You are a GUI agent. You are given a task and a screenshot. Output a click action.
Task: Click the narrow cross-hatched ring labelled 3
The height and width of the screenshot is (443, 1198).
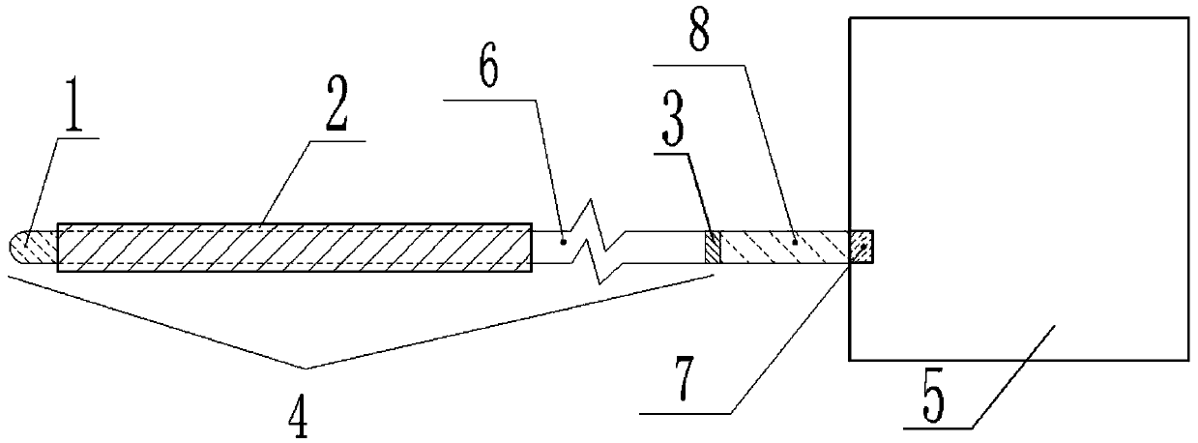tap(713, 247)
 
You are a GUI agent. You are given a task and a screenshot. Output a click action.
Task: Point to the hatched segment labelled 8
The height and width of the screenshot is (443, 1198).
tap(783, 247)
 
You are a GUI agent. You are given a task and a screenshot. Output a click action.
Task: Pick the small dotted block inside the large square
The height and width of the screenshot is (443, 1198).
tap(861, 247)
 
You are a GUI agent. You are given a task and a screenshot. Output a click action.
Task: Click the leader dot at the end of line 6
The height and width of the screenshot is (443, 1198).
tap(563, 232)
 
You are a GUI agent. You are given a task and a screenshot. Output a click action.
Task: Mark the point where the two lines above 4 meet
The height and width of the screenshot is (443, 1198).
tap(306, 367)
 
